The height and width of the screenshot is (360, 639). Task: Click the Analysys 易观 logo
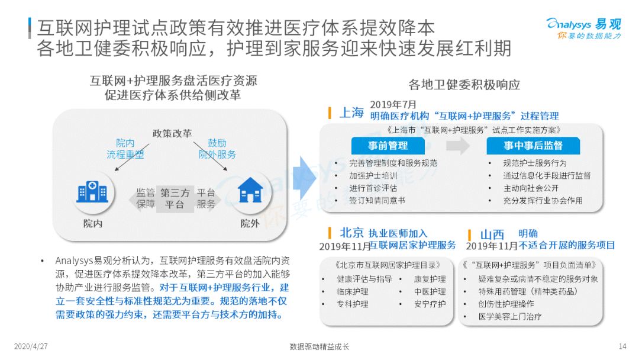583,28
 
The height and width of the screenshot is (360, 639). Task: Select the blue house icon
250,191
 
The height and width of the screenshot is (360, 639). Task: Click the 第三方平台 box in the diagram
175,198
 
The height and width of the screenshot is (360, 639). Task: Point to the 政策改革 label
172,133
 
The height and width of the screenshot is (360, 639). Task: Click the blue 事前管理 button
388,146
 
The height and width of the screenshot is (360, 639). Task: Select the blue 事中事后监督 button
533,146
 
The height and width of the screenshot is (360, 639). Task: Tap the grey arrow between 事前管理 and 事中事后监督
457,146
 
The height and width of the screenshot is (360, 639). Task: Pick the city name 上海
351,112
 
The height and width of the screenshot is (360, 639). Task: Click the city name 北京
351,233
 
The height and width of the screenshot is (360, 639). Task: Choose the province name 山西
492,234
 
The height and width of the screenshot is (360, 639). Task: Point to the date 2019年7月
393,104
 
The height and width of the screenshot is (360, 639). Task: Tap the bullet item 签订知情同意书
377,201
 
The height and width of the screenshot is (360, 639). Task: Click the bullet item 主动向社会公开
531,188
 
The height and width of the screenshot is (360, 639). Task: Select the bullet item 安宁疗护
430,304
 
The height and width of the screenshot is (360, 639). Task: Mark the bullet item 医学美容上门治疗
510,317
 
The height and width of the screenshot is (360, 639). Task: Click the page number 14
622,346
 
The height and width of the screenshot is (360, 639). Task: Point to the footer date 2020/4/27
31,346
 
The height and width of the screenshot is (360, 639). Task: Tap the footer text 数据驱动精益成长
319,346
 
